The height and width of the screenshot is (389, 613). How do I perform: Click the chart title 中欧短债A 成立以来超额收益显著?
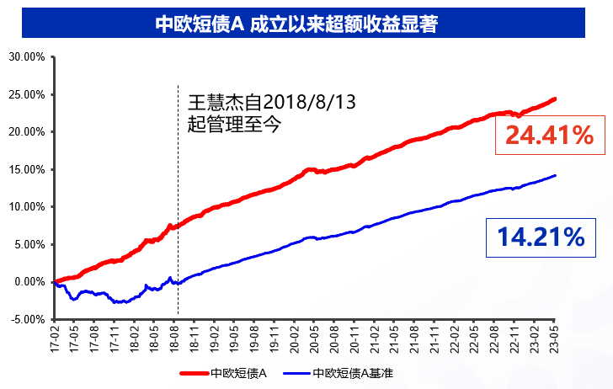click(x=296, y=24)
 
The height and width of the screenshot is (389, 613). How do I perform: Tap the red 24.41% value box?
click(x=550, y=136)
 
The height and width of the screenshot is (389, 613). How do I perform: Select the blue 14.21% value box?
click(x=541, y=237)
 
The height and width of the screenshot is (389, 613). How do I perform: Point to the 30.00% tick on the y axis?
click(x=27, y=57)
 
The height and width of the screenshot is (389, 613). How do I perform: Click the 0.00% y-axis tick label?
click(x=29, y=282)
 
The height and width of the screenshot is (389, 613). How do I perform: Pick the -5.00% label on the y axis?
click(x=28, y=319)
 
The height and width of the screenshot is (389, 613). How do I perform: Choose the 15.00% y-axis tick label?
click(x=27, y=170)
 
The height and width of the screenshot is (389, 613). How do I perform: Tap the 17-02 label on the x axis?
click(x=54, y=339)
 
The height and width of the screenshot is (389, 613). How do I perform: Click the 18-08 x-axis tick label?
click(x=174, y=339)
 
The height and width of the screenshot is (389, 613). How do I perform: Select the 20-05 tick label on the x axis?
click(x=314, y=339)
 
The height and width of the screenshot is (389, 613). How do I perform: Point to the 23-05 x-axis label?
click(x=554, y=339)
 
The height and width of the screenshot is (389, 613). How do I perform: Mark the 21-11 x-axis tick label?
click(x=434, y=339)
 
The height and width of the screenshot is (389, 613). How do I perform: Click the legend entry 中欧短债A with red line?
click(x=223, y=373)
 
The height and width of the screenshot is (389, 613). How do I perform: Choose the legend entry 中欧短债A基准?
click(x=338, y=373)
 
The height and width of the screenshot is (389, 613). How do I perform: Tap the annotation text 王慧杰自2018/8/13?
click(x=272, y=102)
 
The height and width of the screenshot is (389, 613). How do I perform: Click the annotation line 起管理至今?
click(x=234, y=125)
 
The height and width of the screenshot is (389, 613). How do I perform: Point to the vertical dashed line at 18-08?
click(x=178, y=200)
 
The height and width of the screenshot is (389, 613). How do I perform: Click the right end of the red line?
click(x=555, y=99)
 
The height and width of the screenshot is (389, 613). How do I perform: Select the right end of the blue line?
click(x=555, y=175)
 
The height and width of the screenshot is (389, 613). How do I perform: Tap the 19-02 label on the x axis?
click(x=214, y=339)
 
